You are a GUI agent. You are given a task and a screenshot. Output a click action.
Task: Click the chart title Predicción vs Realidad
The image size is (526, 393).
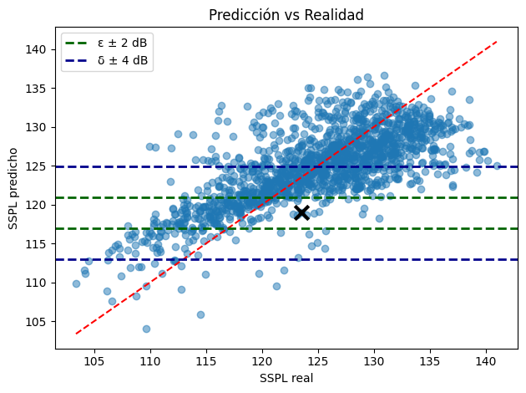tap(286, 14)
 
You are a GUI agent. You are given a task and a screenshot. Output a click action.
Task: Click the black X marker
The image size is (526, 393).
tap(302, 212)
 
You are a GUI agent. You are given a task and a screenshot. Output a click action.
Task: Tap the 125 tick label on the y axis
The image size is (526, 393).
tap(40, 166)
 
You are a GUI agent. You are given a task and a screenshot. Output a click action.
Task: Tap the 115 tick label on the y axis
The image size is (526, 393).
tap(40, 243)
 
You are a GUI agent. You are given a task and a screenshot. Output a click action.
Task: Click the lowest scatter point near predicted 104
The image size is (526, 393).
tap(146, 329)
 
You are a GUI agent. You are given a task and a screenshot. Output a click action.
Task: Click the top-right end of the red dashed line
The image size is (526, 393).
tap(497, 41)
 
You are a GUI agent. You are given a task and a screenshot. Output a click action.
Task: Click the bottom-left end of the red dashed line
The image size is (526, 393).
tap(76, 334)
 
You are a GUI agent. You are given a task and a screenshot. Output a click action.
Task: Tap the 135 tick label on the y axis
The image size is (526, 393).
tap(40, 88)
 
